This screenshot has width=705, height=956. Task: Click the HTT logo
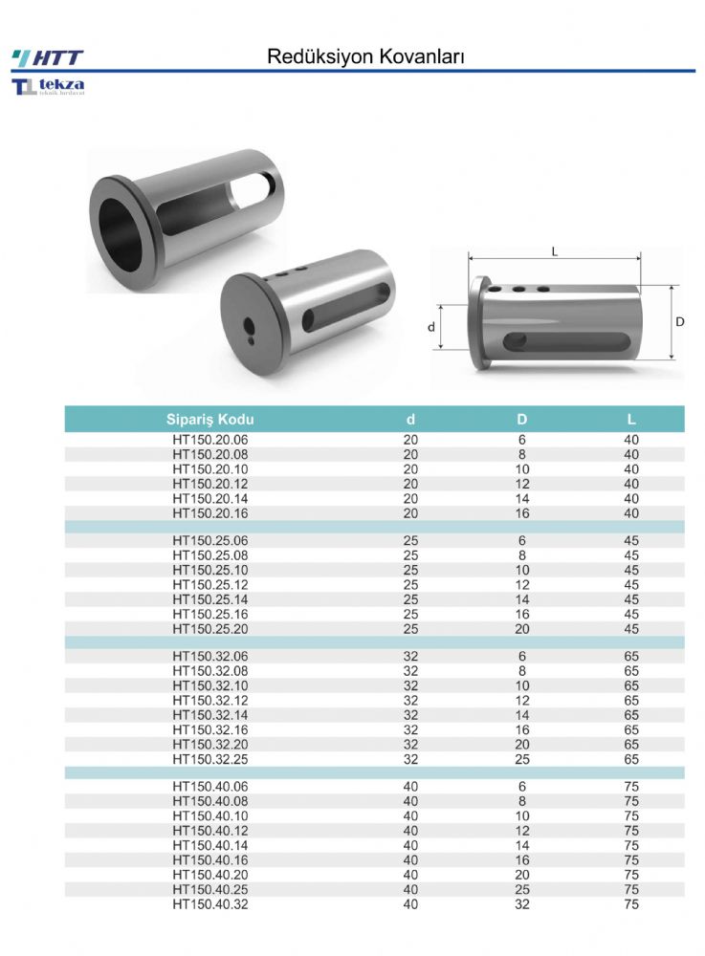pos(48,58)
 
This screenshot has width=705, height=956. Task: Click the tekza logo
pos(48,86)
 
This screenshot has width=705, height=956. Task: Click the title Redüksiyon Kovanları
pos(366,56)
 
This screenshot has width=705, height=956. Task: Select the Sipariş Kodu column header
pos(209,420)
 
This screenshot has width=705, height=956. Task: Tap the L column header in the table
pos(631,420)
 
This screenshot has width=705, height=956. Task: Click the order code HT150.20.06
pos(209,440)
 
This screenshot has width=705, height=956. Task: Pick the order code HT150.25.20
pos(209,629)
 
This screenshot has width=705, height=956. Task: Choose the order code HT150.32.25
pos(209,759)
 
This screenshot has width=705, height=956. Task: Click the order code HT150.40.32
pos(209,904)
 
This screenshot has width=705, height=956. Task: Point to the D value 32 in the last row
pos(522,904)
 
